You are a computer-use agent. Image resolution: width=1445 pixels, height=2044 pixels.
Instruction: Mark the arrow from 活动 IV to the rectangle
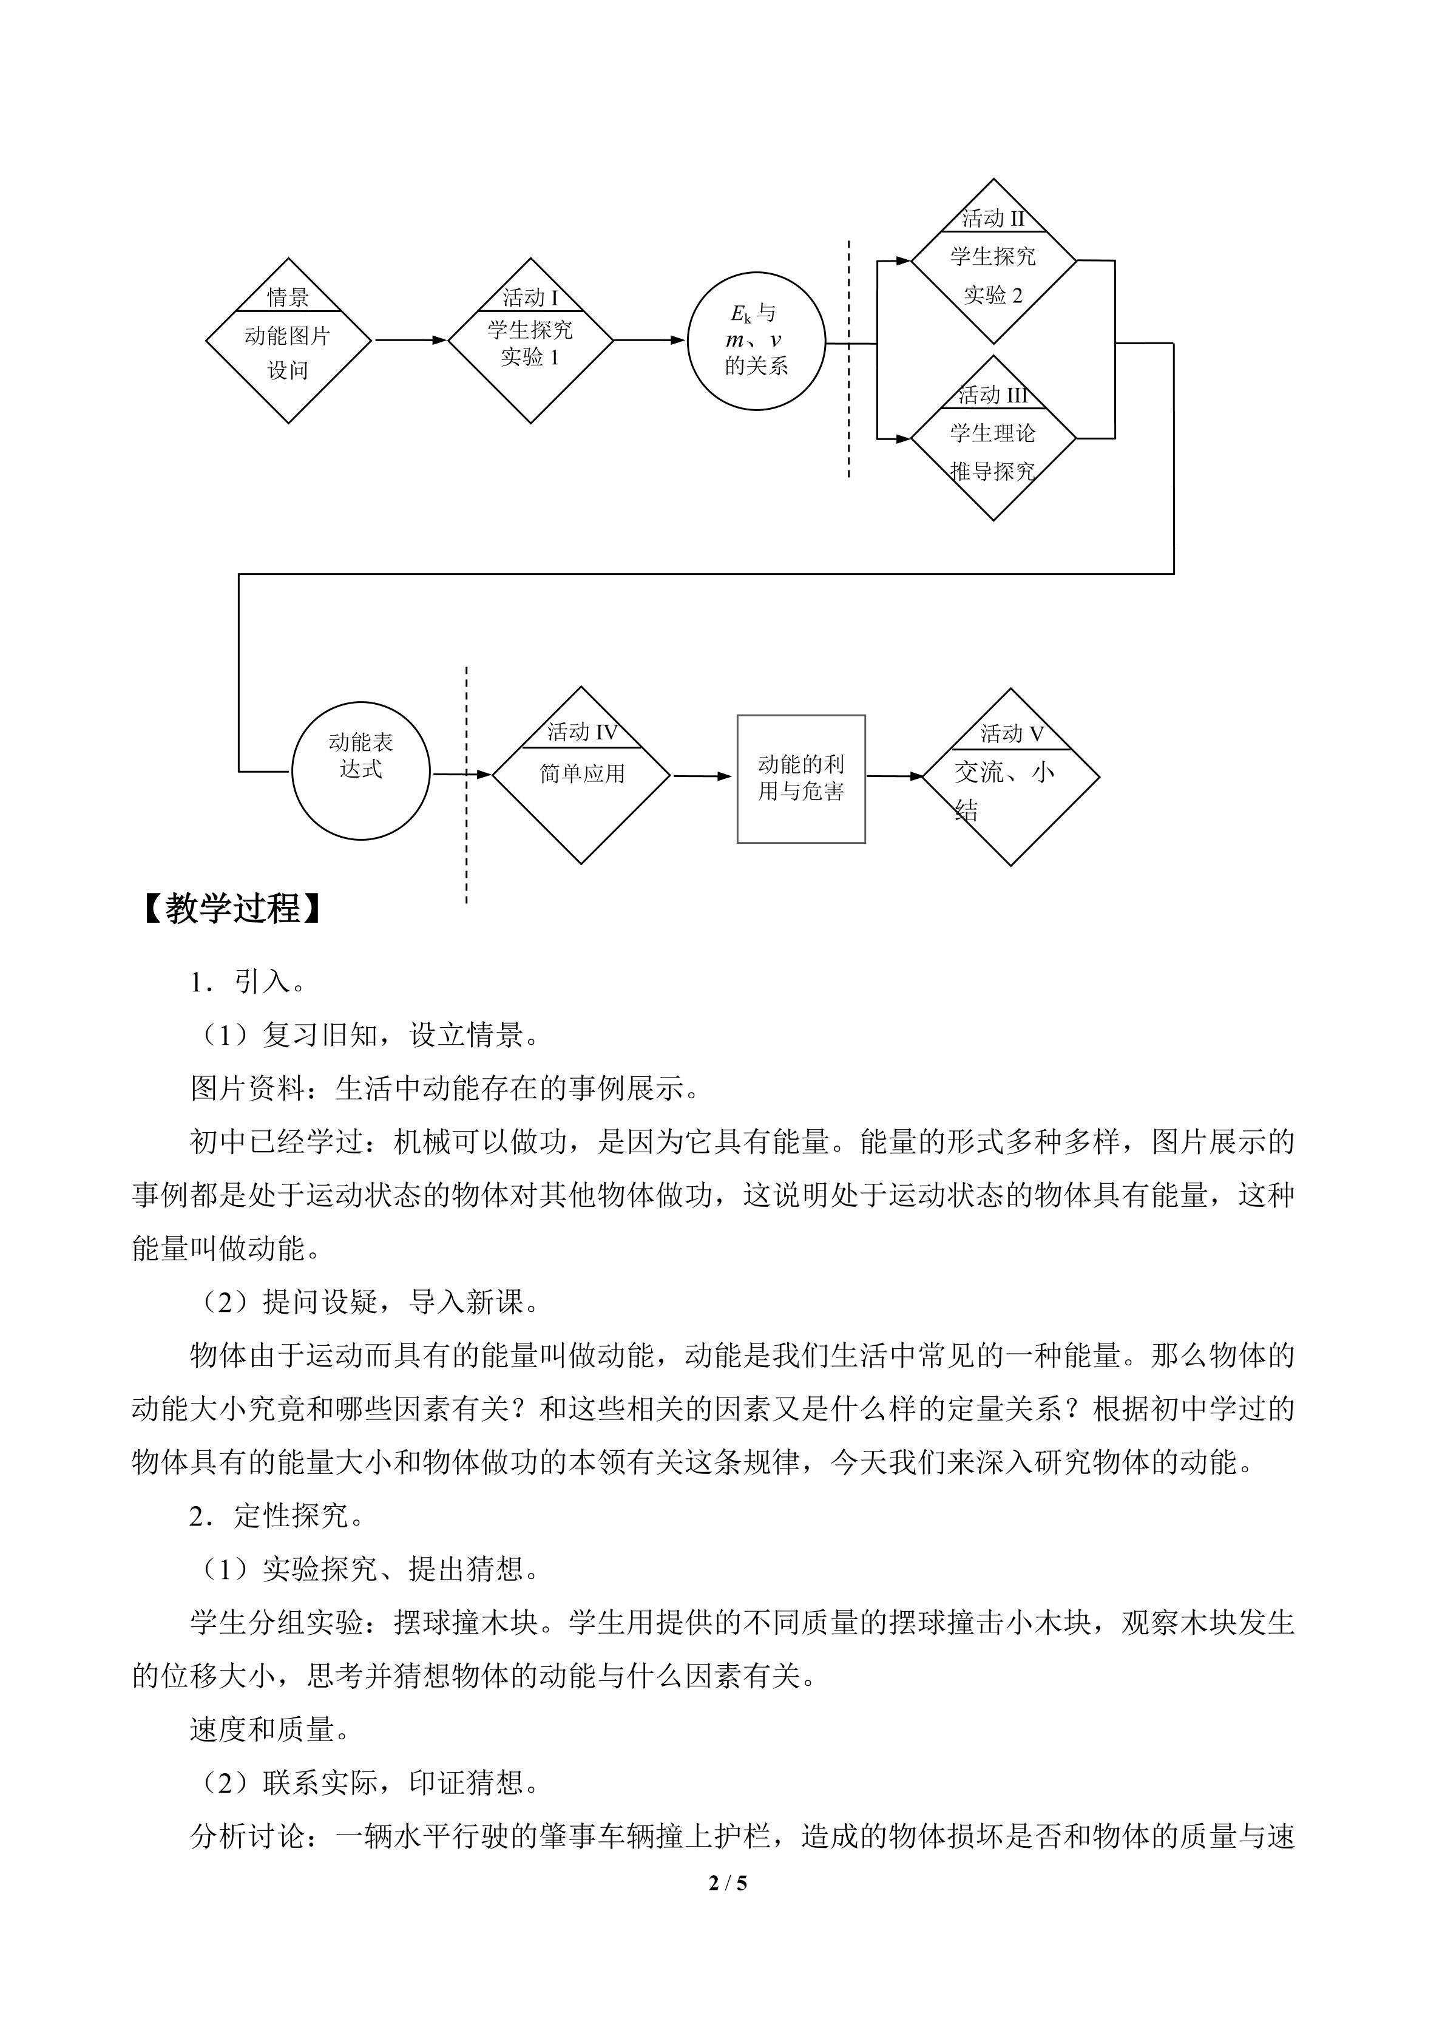[x=703, y=776]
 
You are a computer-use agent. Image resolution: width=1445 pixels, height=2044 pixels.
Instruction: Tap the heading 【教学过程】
[x=232, y=909]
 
